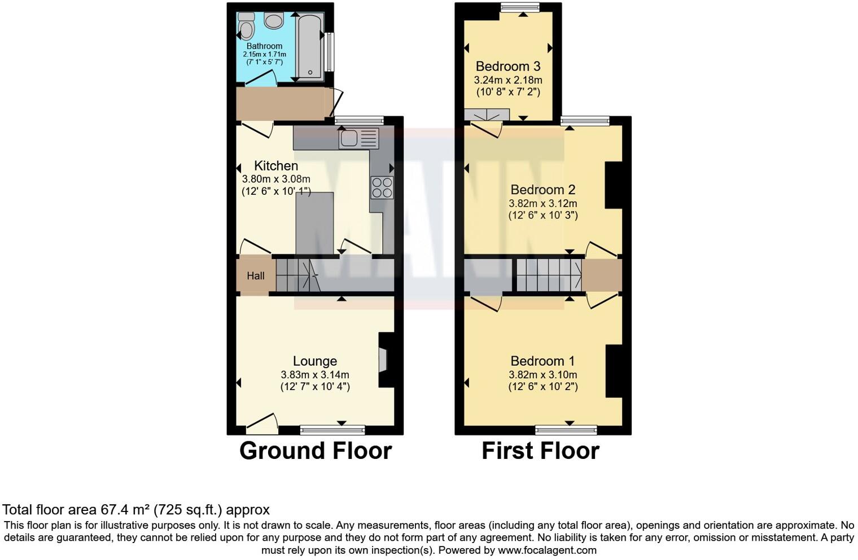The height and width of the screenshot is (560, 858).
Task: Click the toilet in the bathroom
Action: (x=246, y=26)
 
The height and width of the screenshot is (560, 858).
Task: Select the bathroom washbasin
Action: (x=274, y=21)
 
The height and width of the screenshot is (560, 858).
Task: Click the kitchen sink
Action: (x=358, y=138)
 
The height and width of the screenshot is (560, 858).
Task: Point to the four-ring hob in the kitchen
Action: (x=382, y=187)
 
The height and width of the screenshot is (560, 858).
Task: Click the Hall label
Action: (x=255, y=276)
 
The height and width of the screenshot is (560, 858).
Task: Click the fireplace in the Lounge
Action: (x=383, y=360)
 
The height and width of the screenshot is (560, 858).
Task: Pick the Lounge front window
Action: (x=332, y=431)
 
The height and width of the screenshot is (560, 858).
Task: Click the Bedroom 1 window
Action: (x=566, y=431)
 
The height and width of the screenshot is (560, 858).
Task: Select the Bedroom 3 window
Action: (x=519, y=7)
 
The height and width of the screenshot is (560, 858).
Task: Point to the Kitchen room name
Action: (x=276, y=166)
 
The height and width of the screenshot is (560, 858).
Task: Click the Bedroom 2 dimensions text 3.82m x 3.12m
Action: (x=543, y=203)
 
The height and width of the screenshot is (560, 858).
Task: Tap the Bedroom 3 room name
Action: (x=508, y=67)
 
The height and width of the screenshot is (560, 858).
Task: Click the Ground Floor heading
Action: (x=315, y=451)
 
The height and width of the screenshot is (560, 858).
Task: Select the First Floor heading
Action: (x=540, y=451)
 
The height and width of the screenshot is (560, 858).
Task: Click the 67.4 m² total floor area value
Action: (x=125, y=510)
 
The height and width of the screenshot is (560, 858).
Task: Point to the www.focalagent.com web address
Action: (x=547, y=550)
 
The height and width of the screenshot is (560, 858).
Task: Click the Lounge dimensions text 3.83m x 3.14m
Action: (x=315, y=375)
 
